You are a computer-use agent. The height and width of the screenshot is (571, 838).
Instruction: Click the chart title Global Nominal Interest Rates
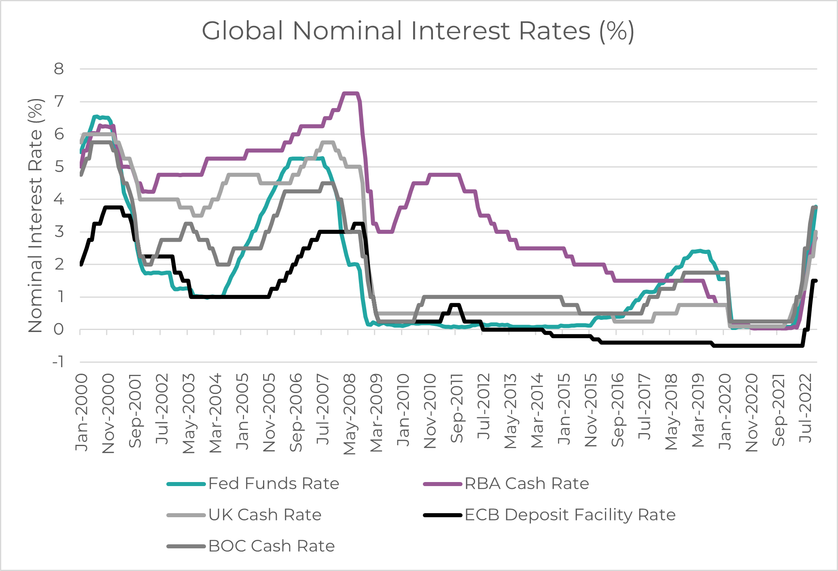pos(418,31)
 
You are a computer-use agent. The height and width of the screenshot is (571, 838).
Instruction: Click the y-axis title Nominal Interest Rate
pos(36,216)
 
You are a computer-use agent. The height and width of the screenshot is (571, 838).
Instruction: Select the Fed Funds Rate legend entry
pos(274,484)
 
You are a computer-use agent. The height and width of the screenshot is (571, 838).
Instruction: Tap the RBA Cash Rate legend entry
pos(526,484)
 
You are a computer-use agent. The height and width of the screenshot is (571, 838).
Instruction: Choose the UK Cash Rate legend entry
pos(265,515)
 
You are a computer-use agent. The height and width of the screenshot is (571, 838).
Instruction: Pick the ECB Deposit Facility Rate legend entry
pos(570,515)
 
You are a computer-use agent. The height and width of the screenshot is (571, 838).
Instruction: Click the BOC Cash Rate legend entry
pos(271,546)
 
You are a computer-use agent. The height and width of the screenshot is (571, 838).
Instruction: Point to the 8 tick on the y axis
pos(59,69)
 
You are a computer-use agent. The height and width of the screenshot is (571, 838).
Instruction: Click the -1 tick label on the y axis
pos(58,362)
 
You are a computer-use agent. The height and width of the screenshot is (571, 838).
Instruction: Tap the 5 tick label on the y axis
pos(59,167)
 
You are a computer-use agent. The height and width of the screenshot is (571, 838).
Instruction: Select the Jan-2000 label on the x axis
pos(82,412)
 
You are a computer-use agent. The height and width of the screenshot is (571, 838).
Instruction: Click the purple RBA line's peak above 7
pos(350,93)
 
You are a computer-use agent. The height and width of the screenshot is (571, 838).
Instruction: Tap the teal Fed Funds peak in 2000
pos(96,117)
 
